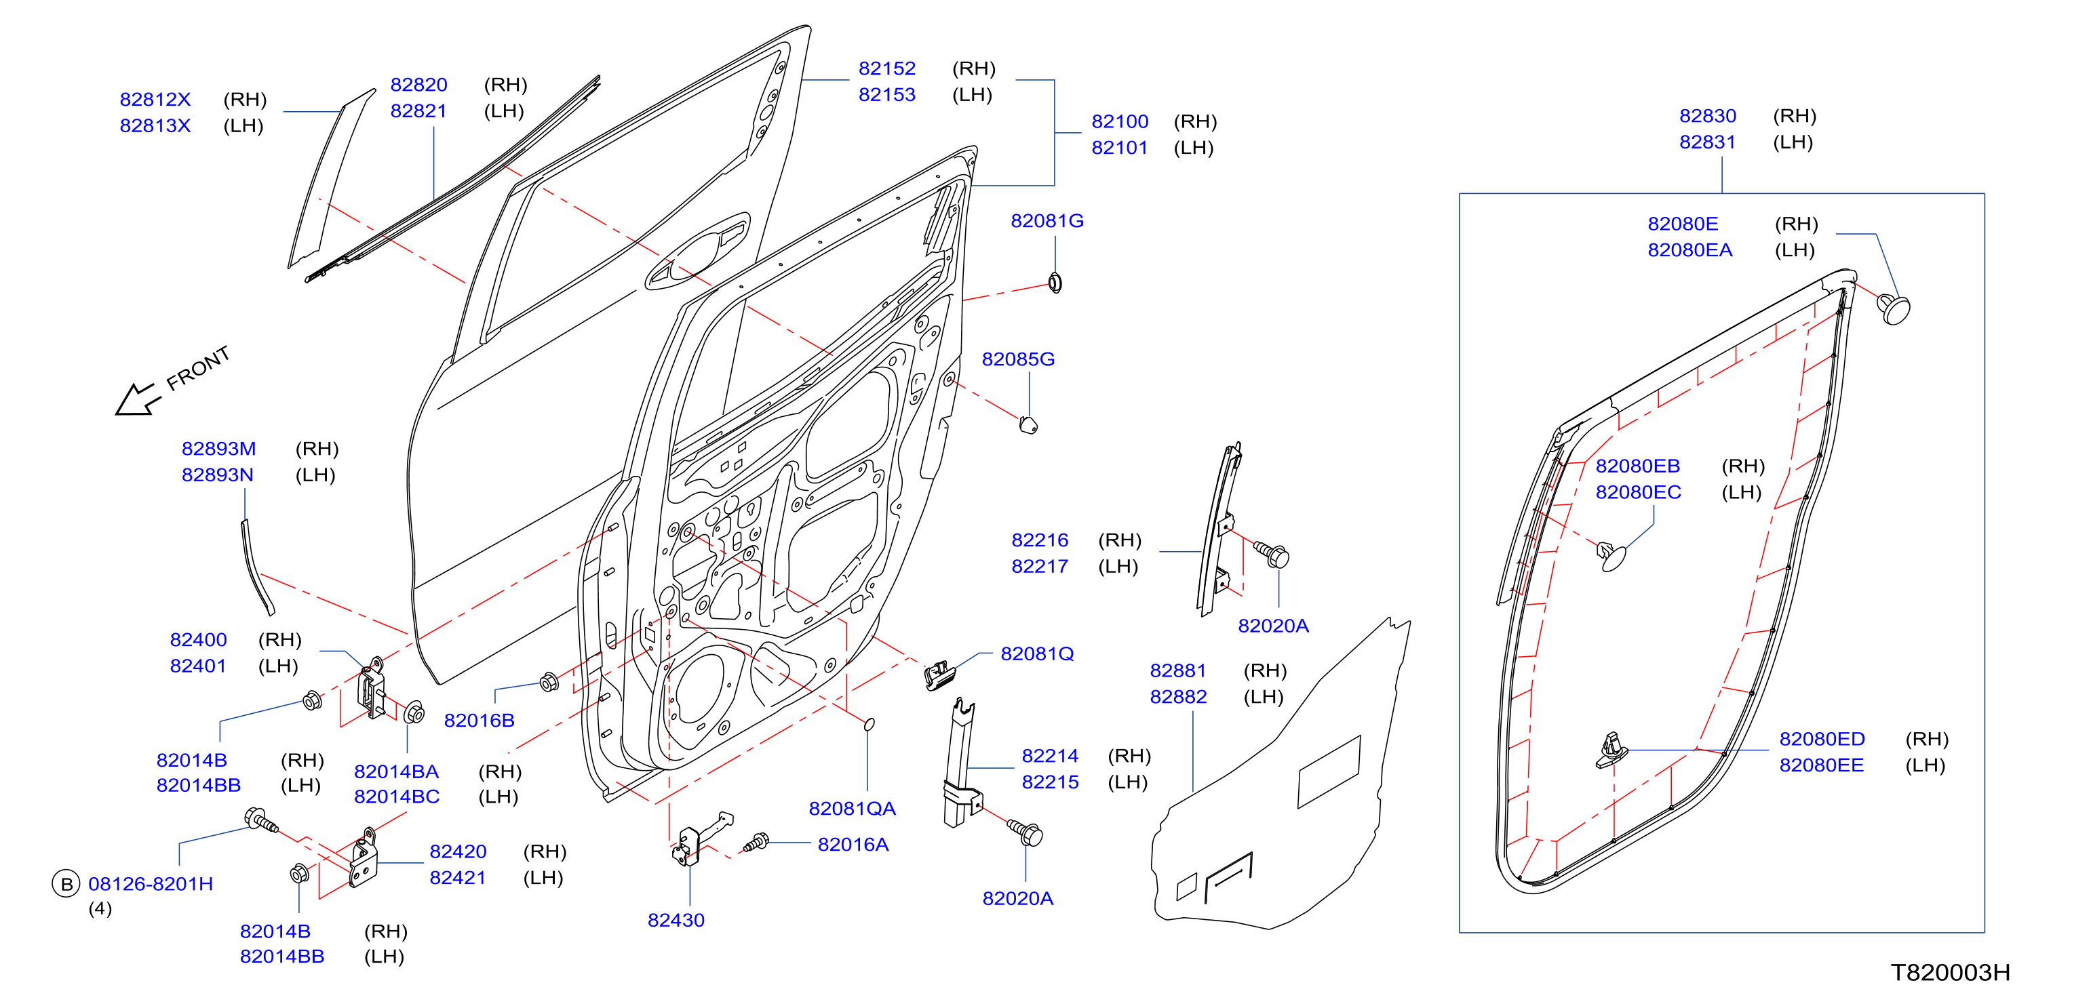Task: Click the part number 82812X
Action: [155, 99]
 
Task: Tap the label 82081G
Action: [1047, 221]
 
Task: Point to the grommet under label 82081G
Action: [1055, 282]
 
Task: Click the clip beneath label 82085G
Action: [1028, 424]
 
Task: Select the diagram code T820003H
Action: [1950, 972]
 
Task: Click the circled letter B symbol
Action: [66, 883]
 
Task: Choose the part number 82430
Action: [676, 920]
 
